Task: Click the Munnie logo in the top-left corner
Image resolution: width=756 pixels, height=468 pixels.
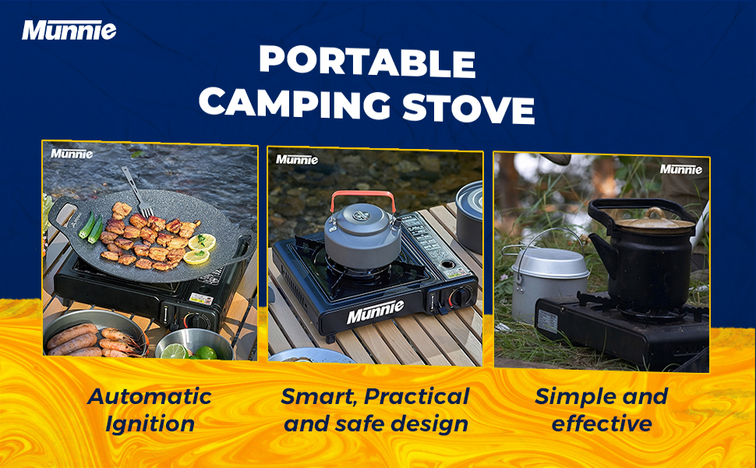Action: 69,30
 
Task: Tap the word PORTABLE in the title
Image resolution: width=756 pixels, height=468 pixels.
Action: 366,62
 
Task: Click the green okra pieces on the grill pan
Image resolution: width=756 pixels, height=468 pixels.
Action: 91,225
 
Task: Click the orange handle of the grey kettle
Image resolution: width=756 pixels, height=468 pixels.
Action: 363,197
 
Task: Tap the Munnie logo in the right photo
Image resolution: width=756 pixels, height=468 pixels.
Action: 680,168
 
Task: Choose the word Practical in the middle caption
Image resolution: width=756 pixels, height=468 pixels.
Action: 417,396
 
